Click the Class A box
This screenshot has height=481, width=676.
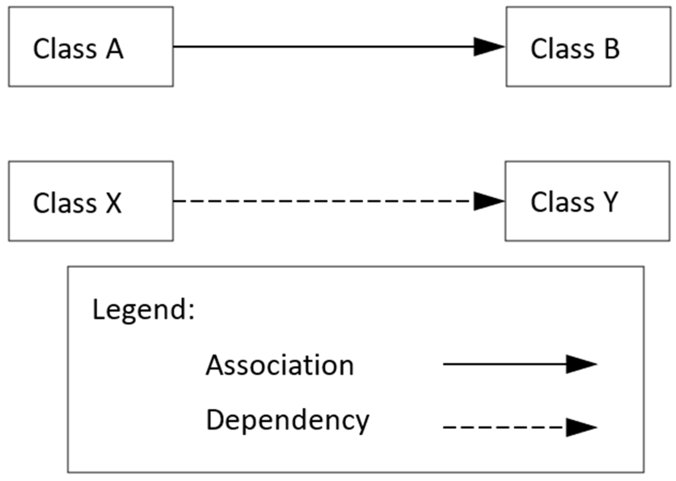91,47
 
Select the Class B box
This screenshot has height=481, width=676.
588,47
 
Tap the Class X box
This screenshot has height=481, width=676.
91,201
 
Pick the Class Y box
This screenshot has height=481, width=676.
587,201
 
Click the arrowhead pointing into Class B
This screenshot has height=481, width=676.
489,47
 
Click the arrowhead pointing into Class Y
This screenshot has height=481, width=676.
489,201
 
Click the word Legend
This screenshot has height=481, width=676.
139,310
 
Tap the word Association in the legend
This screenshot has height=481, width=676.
279,365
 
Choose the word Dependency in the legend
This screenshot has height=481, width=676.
287,421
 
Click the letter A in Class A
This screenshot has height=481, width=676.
115,49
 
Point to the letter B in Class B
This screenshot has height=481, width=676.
612,49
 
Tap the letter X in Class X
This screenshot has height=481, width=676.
114,203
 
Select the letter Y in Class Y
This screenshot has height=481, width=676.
611,202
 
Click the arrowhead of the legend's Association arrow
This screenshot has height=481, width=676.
581,364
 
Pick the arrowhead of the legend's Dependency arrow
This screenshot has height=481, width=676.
581,427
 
